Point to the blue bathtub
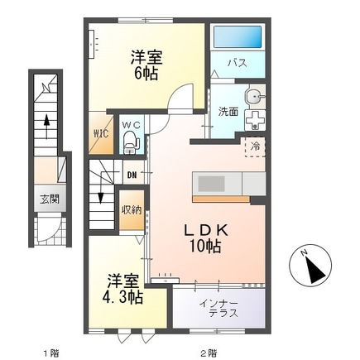point(237,37)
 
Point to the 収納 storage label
point(131,209)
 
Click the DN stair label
point(131,174)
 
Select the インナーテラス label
point(218,308)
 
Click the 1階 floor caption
point(50,351)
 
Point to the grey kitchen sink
point(209,183)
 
